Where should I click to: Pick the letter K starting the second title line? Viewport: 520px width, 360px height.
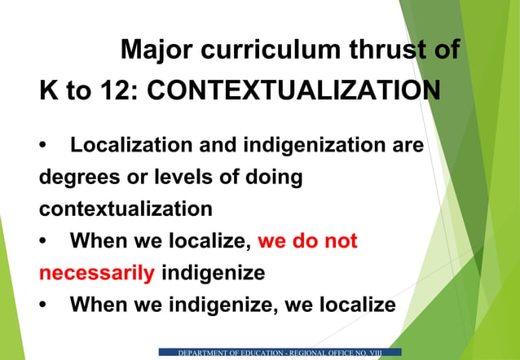[49, 90]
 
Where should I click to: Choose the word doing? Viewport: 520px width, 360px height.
[275, 178]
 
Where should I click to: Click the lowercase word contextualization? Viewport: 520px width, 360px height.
[126, 209]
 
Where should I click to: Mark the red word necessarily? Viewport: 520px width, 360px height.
[96, 273]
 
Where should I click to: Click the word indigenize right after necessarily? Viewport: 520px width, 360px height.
[214, 273]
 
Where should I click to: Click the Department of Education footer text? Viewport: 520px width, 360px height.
[280, 352]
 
